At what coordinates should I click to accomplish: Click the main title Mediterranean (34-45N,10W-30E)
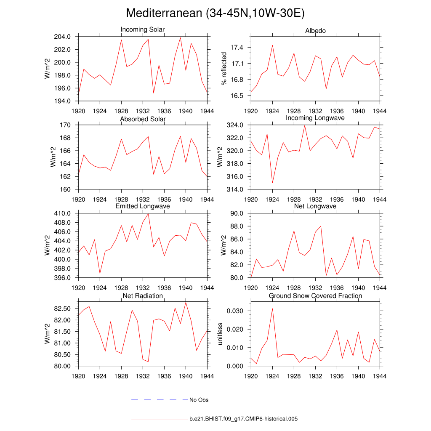(x=215, y=13)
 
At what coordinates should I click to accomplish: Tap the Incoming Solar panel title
(x=143, y=29)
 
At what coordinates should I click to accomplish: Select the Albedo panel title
(x=315, y=31)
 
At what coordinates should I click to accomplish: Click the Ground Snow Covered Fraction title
(x=315, y=296)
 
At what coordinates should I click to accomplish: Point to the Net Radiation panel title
(x=143, y=296)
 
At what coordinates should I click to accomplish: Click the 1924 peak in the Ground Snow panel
(x=272, y=309)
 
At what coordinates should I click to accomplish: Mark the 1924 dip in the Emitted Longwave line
(x=100, y=273)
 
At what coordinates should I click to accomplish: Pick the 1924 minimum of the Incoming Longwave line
(x=272, y=183)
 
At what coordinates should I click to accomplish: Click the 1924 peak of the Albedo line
(x=272, y=45)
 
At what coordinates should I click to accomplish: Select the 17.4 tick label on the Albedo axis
(x=237, y=48)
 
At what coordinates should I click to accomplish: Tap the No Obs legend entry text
(x=199, y=400)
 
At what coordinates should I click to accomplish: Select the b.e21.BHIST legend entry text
(x=244, y=419)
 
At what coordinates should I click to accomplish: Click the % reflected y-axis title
(x=224, y=69)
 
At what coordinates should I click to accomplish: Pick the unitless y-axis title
(x=220, y=334)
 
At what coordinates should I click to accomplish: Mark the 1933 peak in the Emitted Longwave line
(x=148, y=213)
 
